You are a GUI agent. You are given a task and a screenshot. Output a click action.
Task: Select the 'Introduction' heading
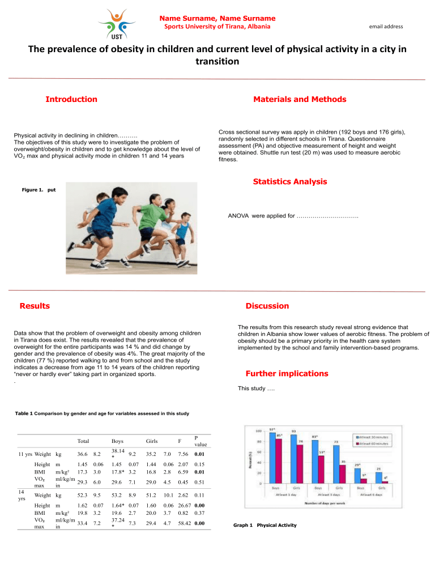click(x=71, y=99)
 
